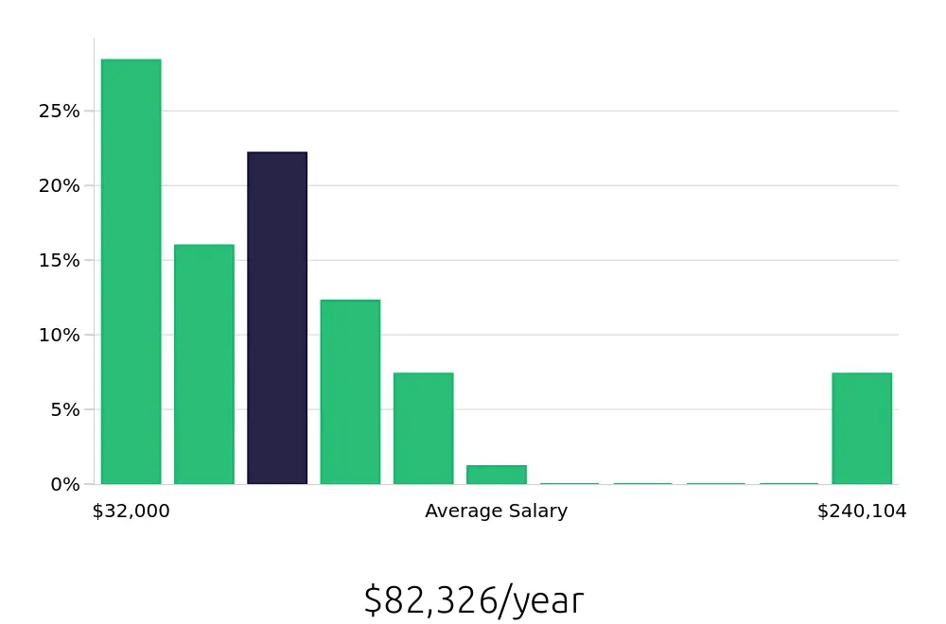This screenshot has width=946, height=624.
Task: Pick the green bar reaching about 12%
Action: point(350,391)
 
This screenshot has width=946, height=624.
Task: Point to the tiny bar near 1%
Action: point(496,475)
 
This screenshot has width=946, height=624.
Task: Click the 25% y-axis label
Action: point(59,112)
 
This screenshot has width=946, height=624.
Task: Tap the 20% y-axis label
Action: point(59,186)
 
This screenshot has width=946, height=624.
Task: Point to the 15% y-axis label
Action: point(59,261)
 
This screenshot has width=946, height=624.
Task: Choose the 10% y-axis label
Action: point(59,336)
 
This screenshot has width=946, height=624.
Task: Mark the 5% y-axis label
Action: point(63,410)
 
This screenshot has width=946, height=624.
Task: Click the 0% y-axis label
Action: point(63,485)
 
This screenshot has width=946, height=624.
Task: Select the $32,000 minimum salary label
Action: point(131,511)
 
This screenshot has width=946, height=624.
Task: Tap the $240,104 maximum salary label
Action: point(862,511)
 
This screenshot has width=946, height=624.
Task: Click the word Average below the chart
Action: point(460,511)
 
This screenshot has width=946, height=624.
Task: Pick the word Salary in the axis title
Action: point(538,511)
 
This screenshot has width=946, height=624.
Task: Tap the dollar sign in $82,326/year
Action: point(372,600)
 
